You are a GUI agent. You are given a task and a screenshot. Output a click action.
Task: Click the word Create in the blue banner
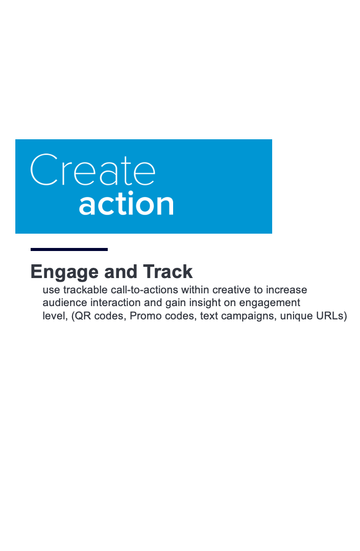[x=93, y=170]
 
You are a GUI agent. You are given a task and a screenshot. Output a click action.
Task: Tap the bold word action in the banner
[x=126, y=204]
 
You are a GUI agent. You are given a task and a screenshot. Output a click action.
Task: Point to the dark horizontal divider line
[x=69, y=249]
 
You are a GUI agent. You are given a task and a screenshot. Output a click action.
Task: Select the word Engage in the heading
[x=64, y=272]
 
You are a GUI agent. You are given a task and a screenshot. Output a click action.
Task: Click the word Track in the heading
[x=167, y=271]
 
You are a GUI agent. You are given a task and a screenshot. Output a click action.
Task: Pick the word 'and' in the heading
[x=121, y=272]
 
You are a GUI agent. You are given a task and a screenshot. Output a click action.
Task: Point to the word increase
[x=286, y=290]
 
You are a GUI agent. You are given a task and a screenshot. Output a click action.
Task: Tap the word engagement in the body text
[x=270, y=304]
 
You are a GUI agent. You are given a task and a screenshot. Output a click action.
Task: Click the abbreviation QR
[x=81, y=316]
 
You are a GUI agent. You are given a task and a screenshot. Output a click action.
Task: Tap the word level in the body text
[x=55, y=316]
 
